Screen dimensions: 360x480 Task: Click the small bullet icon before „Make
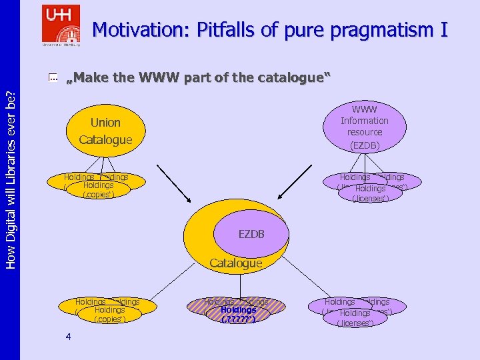pyautogui.click(x=53, y=79)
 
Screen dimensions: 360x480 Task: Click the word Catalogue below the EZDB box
pyautogui.click(x=235, y=263)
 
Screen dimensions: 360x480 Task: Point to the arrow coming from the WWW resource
pyautogui.click(x=291, y=187)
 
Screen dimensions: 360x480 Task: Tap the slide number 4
pyautogui.click(x=69, y=337)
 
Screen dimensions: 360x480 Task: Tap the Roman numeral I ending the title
pyautogui.click(x=443, y=30)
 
